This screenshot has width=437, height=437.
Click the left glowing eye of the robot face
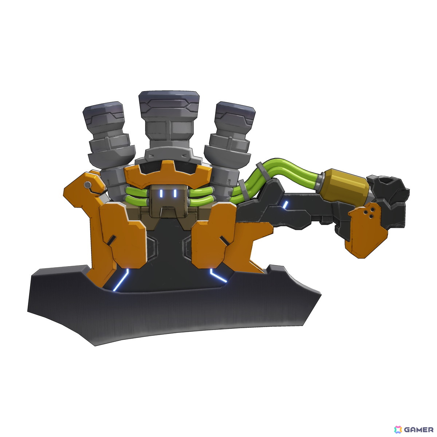click(161, 193)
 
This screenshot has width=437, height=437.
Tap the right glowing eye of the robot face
click(175, 193)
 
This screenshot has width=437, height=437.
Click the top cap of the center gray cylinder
click(169, 100)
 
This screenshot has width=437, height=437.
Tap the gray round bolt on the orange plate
click(87, 185)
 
